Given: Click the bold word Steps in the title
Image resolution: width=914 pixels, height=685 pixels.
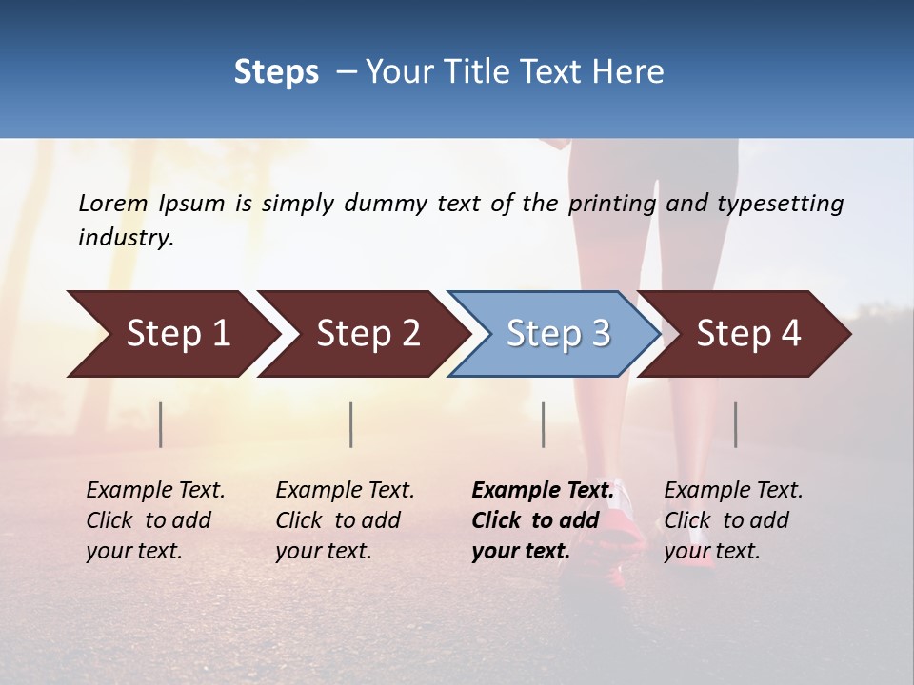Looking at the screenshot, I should pyautogui.click(x=276, y=72).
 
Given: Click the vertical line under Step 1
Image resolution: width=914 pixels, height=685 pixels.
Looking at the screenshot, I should pyautogui.click(x=161, y=424).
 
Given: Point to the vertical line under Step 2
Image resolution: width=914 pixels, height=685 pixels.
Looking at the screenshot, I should pyautogui.click(x=351, y=424).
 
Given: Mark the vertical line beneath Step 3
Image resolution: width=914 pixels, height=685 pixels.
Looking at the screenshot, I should pyautogui.click(x=544, y=424).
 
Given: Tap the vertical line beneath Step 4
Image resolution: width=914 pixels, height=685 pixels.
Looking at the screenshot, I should pyautogui.click(x=736, y=424).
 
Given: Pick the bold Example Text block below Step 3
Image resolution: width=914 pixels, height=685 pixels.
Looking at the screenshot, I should pyautogui.click(x=542, y=520).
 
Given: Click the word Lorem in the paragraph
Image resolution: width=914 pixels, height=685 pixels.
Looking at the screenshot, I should pyautogui.click(x=113, y=203).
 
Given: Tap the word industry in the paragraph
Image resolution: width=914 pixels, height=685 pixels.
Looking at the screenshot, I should pyautogui.click(x=125, y=238).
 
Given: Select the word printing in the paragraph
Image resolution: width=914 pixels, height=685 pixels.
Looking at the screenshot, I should pyautogui.click(x=612, y=204).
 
